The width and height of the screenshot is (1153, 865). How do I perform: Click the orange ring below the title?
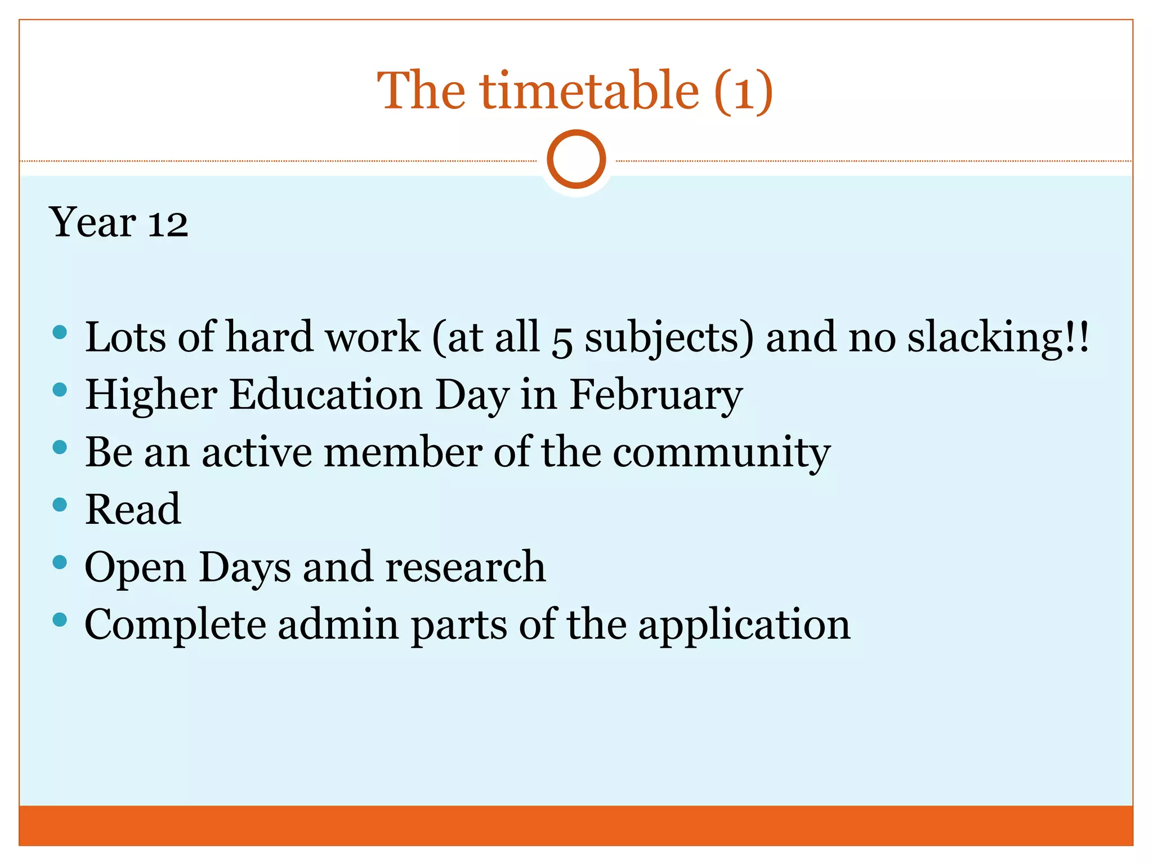click(x=576, y=159)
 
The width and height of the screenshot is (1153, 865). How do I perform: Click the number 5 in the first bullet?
click(x=561, y=339)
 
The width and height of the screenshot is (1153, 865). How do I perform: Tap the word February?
click(x=656, y=395)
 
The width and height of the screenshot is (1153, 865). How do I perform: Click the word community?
click(x=721, y=453)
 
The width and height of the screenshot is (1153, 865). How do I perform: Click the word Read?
click(x=133, y=509)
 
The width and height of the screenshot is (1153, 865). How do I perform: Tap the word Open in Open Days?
click(x=135, y=568)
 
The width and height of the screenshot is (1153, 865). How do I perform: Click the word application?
click(x=744, y=626)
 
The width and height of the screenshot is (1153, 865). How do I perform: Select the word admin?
click(x=338, y=625)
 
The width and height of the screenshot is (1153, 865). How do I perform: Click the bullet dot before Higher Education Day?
click(x=60, y=390)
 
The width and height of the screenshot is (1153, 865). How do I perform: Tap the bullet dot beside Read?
click(x=60, y=505)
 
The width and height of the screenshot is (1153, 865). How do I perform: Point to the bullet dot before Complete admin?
click(x=60, y=620)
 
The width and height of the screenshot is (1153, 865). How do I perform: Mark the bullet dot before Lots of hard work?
click(x=60, y=332)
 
